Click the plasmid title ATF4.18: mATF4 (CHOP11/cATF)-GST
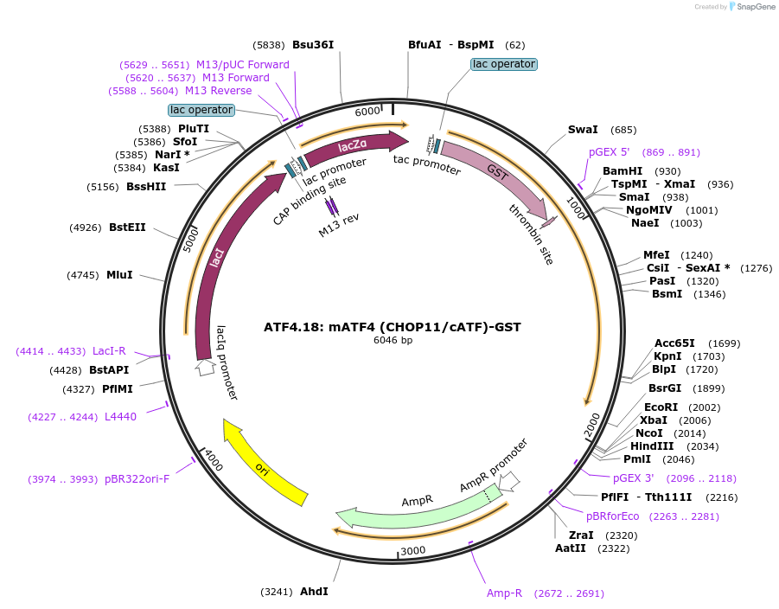393,327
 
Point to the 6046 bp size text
393,340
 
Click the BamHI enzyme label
623,171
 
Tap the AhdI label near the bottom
314,592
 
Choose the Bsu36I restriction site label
312,45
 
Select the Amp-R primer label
504,593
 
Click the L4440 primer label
120,416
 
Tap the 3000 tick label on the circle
413,551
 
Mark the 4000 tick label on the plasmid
214,460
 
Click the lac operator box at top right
504,64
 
